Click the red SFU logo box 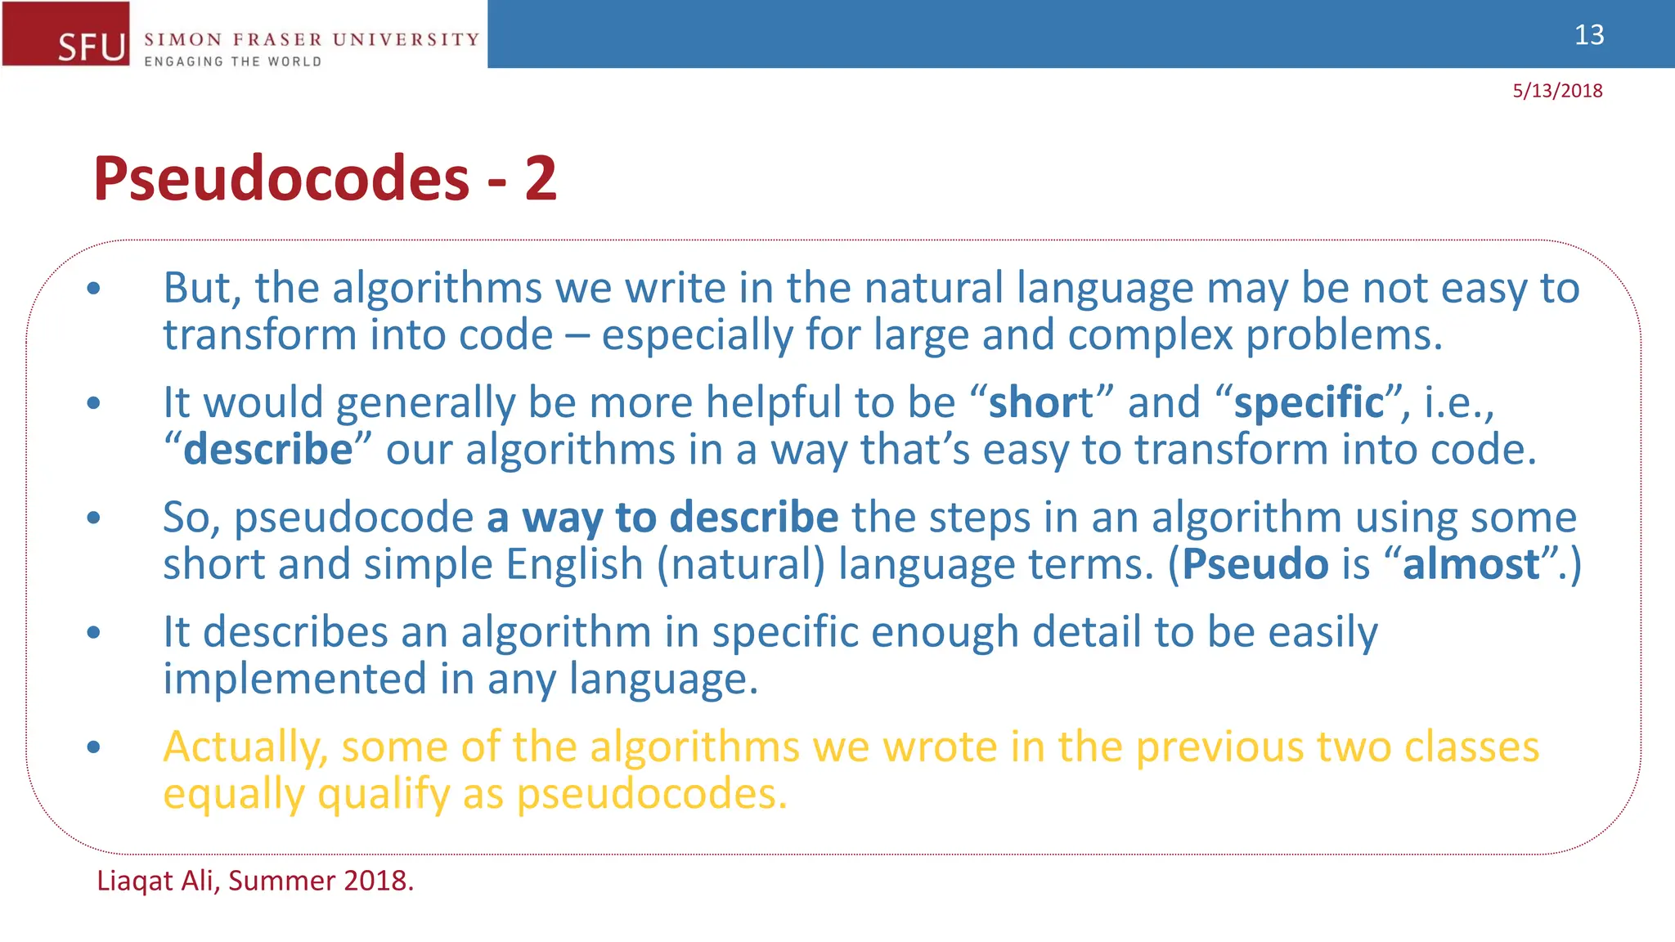(x=65, y=34)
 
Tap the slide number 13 (x=1588, y=35)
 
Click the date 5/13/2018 (x=1556, y=91)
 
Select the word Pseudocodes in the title (x=281, y=178)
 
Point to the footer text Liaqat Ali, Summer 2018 (x=255, y=881)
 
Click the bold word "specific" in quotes (x=1309, y=402)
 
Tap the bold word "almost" (x=1471, y=564)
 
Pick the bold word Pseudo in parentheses (x=1255, y=564)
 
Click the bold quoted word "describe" (x=267, y=450)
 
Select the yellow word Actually (x=245, y=747)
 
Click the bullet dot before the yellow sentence (x=94, y=747)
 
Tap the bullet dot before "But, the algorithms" (x=94, y=288)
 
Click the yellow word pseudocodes (x=651, y=794)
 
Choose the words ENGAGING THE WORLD (x=232, y=61)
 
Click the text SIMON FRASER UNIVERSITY (x=311, y=39)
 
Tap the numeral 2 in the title (x=541, y=178)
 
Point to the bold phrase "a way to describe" (x=662, y=518)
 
